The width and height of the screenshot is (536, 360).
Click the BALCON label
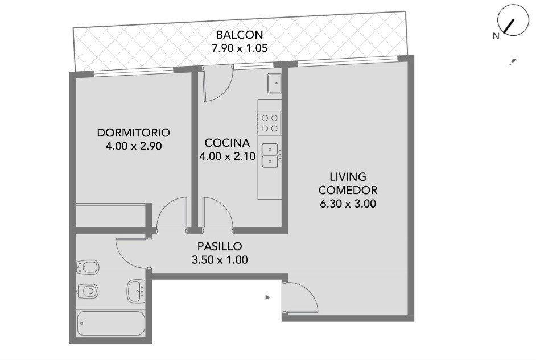[x=240, y=35]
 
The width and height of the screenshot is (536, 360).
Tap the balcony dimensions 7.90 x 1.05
[x=240, y=48]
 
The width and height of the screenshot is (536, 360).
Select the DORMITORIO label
[x=134, y=133]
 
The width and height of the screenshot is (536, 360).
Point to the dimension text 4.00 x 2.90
[x=134, y=146]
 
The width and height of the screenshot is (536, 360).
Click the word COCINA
[x=228, y=142]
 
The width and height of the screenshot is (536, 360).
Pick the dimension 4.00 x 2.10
[x=228, y=156]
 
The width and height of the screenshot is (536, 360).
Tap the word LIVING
[x=348, y=176]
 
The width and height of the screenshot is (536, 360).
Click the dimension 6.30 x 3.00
[x=348, y=204]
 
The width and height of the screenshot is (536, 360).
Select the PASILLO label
[x=220, y=246]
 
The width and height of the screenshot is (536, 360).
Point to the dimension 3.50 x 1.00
[x=220, y=260]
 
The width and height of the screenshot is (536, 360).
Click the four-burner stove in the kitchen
[x=269, y=123]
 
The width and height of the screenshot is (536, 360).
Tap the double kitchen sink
[x=270, y=155]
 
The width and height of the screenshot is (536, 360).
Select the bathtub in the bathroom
[x=111, y=323]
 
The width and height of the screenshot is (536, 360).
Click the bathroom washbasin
[x=136, y=291]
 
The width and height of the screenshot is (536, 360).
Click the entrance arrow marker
[x=268, y=297]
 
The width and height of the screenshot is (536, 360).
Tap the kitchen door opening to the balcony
[x=218, y=84]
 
